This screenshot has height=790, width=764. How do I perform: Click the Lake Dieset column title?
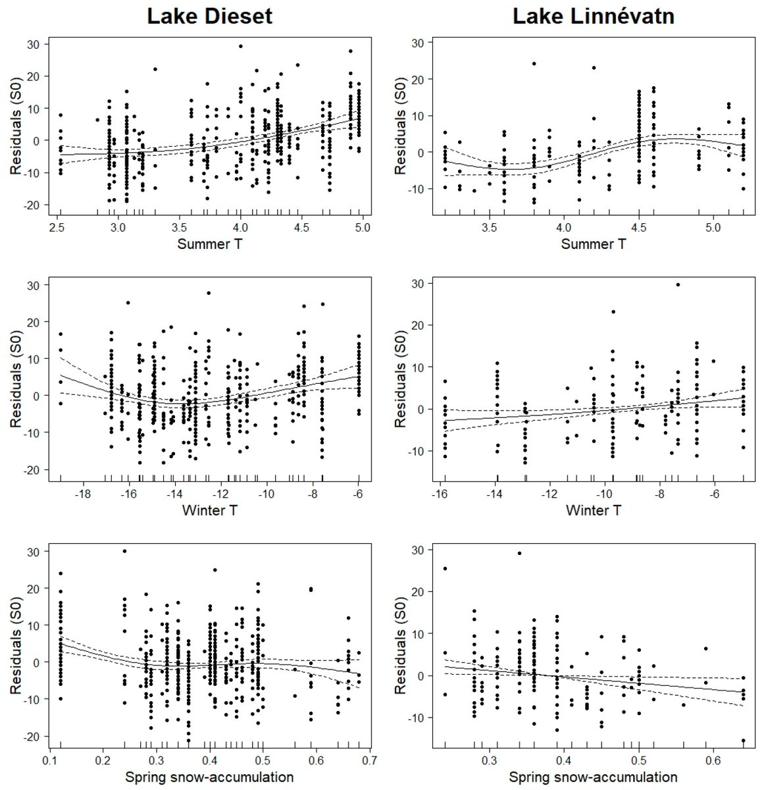click(209, 16)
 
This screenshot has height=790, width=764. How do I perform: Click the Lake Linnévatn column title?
click(594, 16)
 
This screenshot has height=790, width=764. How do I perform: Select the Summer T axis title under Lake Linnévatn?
click(593, 244)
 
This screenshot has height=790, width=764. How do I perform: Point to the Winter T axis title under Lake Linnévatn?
click(593, 510)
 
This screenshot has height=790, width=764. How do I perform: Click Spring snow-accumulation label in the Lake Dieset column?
click(209, 777)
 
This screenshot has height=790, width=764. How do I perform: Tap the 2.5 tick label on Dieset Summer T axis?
click(60, 228)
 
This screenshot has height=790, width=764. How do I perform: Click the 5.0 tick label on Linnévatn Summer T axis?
click(713, 228)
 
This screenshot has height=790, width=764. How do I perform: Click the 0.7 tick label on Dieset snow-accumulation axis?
click(370, 760)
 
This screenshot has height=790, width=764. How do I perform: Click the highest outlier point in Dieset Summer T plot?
click(240, 46)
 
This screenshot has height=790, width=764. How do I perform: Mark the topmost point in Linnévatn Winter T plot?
click(678, 284)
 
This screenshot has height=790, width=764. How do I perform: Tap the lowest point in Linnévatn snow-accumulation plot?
click(744, 741)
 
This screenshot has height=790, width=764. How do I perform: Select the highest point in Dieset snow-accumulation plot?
click(124, 551)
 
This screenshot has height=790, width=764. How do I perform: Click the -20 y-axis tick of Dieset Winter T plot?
click(33, 469)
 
